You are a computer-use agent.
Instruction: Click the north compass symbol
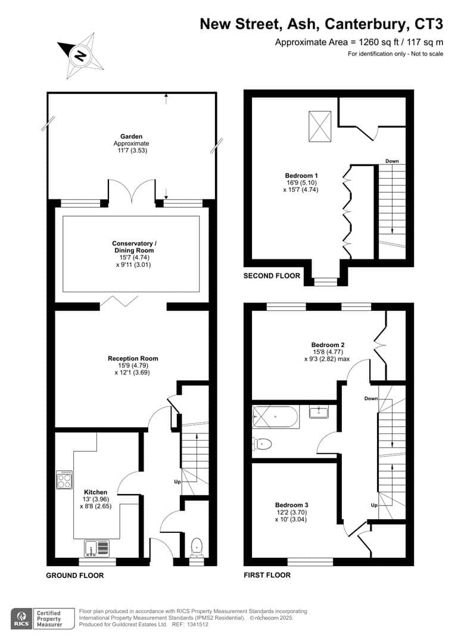(x=81, y=56)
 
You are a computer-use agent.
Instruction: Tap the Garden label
(x=131, y=136)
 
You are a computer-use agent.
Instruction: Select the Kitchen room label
(x=96, y=492)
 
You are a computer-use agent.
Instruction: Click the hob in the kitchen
(x=65, y=480)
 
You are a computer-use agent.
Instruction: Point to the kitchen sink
(x=98, y=548)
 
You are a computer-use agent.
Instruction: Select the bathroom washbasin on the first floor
(x=319, y=412)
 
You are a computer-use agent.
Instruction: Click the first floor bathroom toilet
(x=262, y=444)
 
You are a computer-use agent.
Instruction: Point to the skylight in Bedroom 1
(x=320, y=127)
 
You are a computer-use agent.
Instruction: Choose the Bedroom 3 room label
(x=291, y=505)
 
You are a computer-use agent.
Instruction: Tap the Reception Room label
(x=133, y=358)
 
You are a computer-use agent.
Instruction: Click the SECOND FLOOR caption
(x=272, y=276)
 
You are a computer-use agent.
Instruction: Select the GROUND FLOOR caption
(x=74, y=575)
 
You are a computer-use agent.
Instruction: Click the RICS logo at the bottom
(x=22, y=619)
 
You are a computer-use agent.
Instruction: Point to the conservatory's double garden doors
(x=132, y=191)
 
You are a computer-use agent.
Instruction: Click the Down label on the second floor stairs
(x=392, y=161)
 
